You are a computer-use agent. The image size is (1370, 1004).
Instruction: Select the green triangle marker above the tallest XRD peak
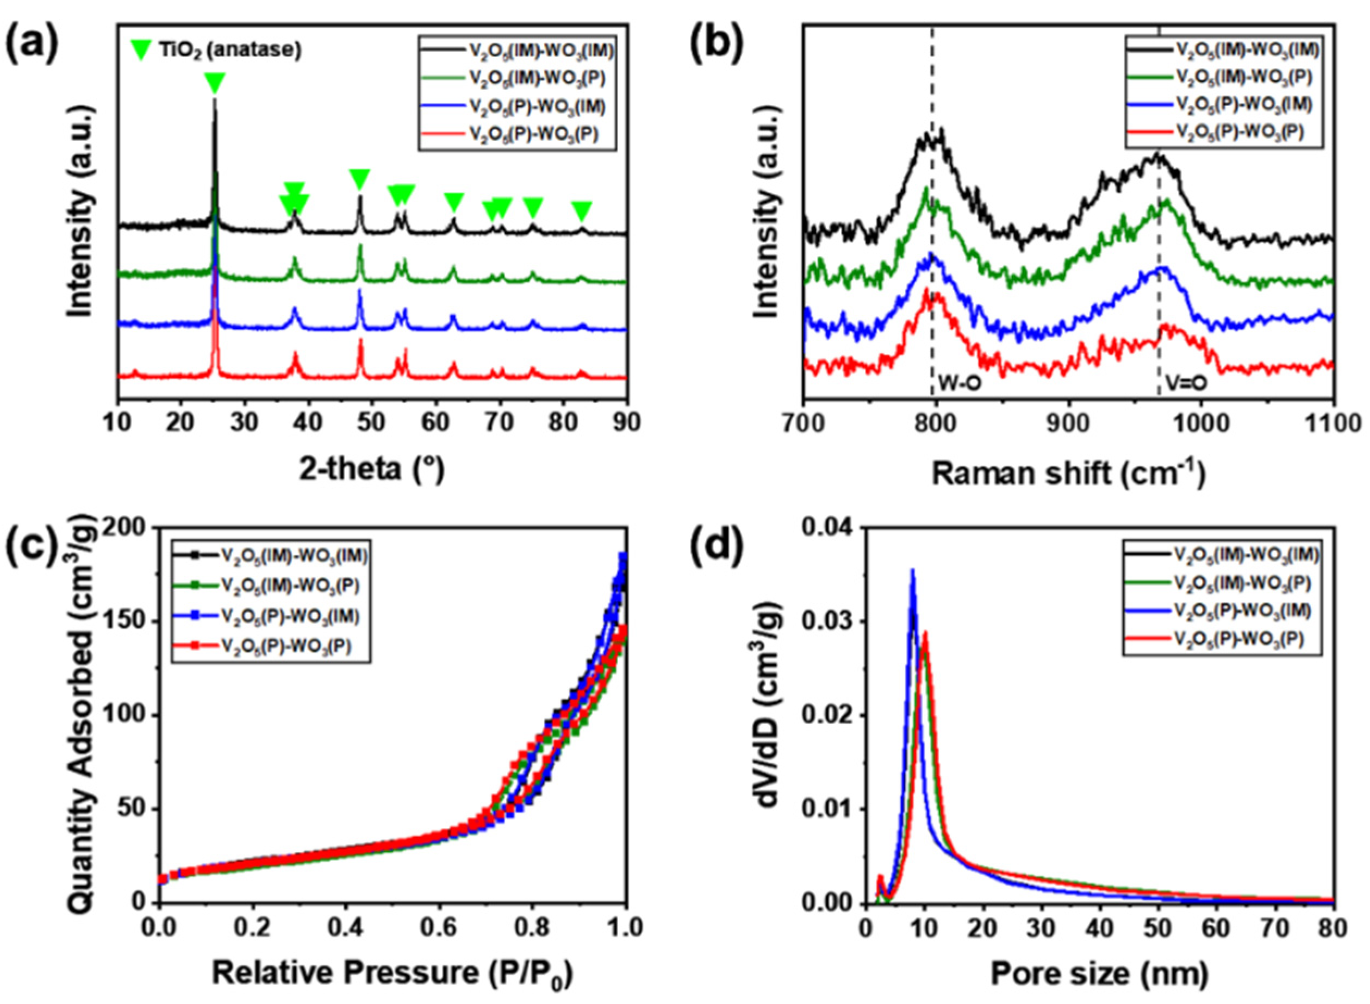pyautogui.click(x=215, y=82)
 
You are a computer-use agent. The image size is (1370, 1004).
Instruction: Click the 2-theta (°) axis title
pyautogui.click(x=371, y=470)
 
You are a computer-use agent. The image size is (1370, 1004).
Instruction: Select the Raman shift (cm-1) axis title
pyautogui.click(x=1067, y=473)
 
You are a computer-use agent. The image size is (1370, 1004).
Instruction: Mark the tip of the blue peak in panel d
pyautogui.click(x=912, y=570)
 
